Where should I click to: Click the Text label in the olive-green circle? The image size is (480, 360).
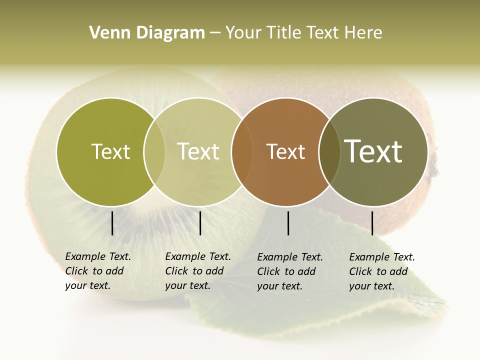110,151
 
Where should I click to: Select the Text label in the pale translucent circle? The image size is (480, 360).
198,151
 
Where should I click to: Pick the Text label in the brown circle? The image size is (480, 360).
285,151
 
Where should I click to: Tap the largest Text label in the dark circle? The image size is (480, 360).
373,151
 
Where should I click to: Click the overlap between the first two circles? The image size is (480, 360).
154,151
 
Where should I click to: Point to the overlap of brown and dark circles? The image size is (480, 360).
329,151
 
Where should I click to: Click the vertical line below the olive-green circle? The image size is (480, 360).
112,223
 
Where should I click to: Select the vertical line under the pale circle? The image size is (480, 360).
200,223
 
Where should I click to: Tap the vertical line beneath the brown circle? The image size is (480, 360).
288,223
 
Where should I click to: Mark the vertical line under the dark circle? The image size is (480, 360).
372,223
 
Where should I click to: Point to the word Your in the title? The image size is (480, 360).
244,33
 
